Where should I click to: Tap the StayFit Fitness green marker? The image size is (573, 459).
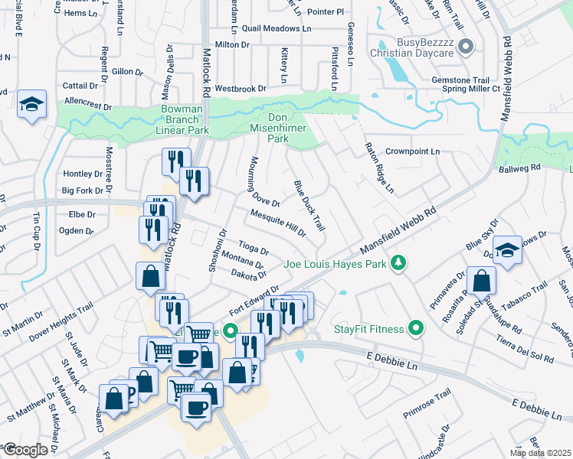pyautogui.click(x=416, y=330)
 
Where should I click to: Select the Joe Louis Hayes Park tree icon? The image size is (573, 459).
pyautogui.click(x=398, y=265)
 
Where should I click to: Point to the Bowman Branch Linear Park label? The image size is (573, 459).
pyautogui.click(x=182, y=120)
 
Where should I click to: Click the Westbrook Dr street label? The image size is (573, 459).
pyautogui.click(x=240, y=89)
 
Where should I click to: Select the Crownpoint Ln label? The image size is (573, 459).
pyautogui.click(x=412, y=151)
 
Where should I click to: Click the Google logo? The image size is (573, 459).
pyautogui.click(x=25, y=450)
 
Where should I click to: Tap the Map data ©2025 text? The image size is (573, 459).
pyautogui.click(x=541, y=453)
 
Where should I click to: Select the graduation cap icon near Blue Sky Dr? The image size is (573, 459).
pyautogui.click(x=507, y=250)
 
